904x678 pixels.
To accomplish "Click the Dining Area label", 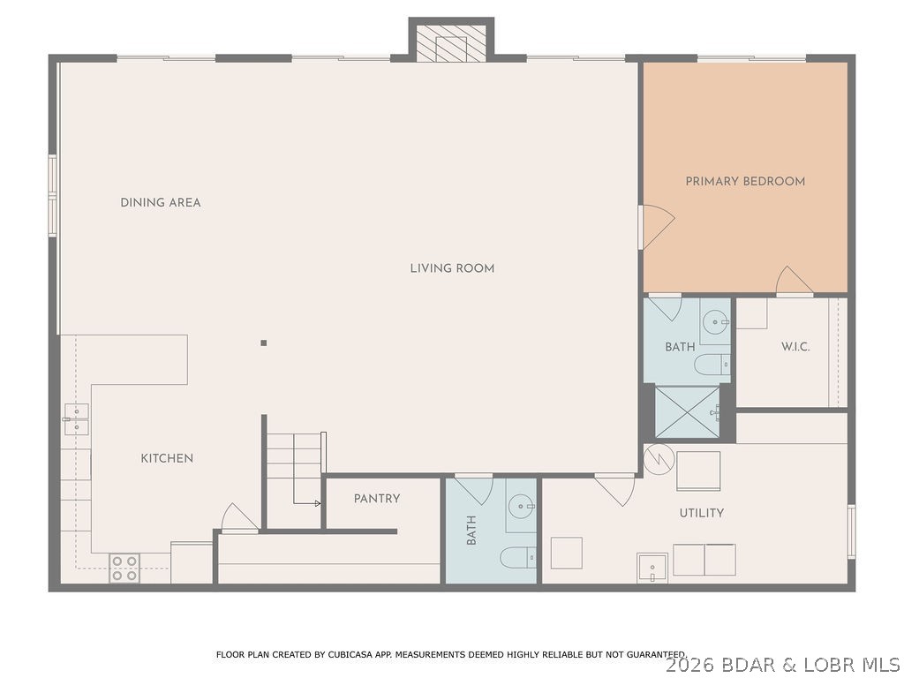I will click(161, 202).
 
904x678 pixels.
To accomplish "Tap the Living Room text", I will click(452, 268).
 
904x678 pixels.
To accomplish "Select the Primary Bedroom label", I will click(745, 181).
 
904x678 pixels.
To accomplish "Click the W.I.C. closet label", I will click(795, 347).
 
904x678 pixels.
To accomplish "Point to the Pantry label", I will click(377, 499).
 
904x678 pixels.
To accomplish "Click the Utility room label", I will click(701, 513).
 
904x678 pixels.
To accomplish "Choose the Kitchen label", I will click(167, 458).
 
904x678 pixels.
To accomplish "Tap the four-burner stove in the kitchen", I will click(124, 568).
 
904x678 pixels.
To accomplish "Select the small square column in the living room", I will click(263, 343).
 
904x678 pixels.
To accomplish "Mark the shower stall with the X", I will click(687, 411).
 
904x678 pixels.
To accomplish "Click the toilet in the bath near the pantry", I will click(518, 557).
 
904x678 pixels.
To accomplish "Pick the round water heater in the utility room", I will click(659, 458).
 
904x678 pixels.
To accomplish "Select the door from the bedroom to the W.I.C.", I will click(794, 282).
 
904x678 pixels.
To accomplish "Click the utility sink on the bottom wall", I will click(652, 568).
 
